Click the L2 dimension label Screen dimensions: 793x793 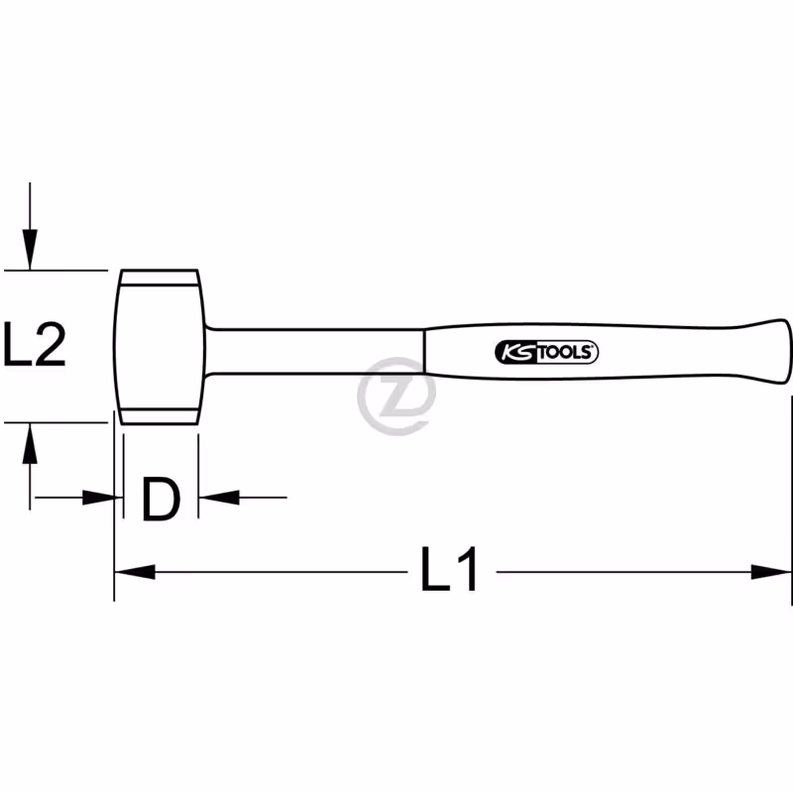pyautogui.click(x=35, y=344)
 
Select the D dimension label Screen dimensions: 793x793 pyautogui.click(x=161, y=500)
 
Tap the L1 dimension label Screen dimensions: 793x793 pyautogui.click(x=449, y=568)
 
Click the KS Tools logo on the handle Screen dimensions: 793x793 pyautogui.click(x=547, y=352)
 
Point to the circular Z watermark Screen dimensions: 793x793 pyautogui.click(x=396, y=396)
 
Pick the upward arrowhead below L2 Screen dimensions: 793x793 pyautogui.click(x=30, y=443)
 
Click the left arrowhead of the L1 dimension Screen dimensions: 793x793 pyautogui.click(x=135, y=572)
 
